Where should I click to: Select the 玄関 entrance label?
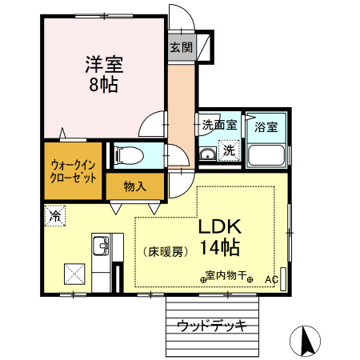pos(181,47)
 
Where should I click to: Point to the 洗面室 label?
pos(218,126)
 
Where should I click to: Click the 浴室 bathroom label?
pos(266,126)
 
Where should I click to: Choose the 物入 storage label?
pos(135,187)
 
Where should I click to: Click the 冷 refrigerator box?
pos(55,215)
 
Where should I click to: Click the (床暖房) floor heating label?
pos(166,251)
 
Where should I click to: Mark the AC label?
pos(270,279)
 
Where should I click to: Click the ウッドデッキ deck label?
pos(212,326)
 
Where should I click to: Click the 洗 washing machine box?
pos(228,150)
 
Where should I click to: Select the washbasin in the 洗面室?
pos(206,154)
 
